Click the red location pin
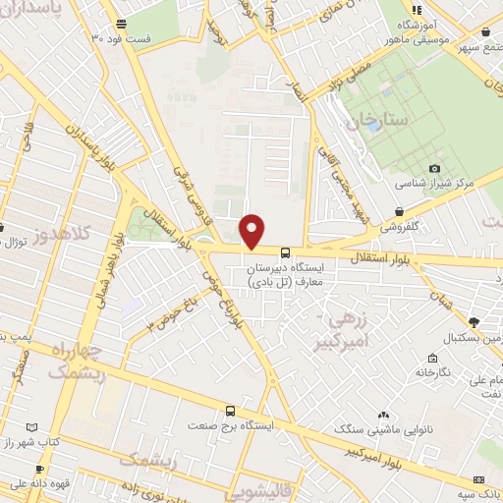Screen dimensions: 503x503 coord(253,230)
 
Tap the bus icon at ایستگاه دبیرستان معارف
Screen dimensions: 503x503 coord(285,251)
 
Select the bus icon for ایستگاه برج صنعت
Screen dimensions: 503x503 coord(230,411)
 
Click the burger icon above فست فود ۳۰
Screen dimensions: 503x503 coord(120,23)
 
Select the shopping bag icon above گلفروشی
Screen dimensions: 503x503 coord(398,211)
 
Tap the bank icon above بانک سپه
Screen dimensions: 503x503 coord(478,478)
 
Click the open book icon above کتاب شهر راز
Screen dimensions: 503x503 coord(32,428)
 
